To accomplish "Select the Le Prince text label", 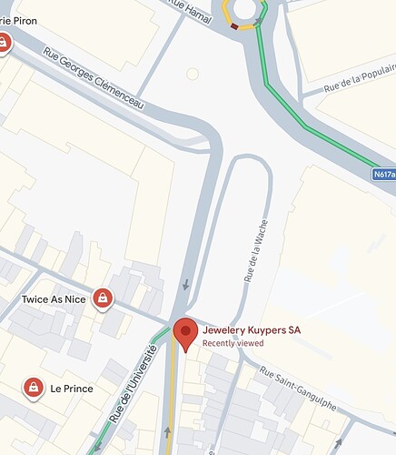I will [x=72, y=389].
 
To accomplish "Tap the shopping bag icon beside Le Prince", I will [x=34, y=389].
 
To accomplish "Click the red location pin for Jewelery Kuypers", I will [x=185, y=333].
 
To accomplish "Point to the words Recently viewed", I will [x=233, y=343].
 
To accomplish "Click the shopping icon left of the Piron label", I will [x=4, y=42].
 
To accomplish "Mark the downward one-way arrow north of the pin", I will [x=184, y=285].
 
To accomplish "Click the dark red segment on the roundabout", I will [x=235, y=26].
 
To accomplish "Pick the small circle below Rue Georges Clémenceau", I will [x=193, y=73].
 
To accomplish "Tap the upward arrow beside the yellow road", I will [x=168, y=431].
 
